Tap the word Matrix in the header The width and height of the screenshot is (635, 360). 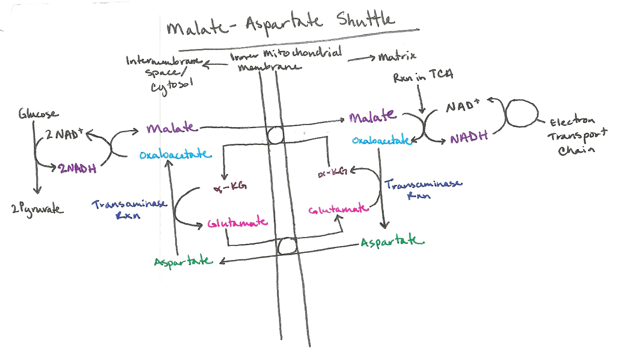397,57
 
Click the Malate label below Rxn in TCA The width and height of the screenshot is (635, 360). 372,116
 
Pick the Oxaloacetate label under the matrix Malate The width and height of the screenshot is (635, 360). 381,140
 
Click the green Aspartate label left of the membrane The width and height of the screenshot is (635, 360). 183,261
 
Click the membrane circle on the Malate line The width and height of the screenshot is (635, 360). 275,136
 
